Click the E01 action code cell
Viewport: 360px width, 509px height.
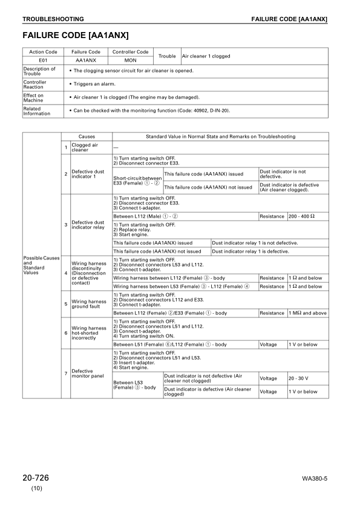pos(43,61)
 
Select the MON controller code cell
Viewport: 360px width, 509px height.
pos(130,61)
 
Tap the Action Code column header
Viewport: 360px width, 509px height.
pos(43,53)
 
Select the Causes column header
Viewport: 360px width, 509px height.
pos(87,137)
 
